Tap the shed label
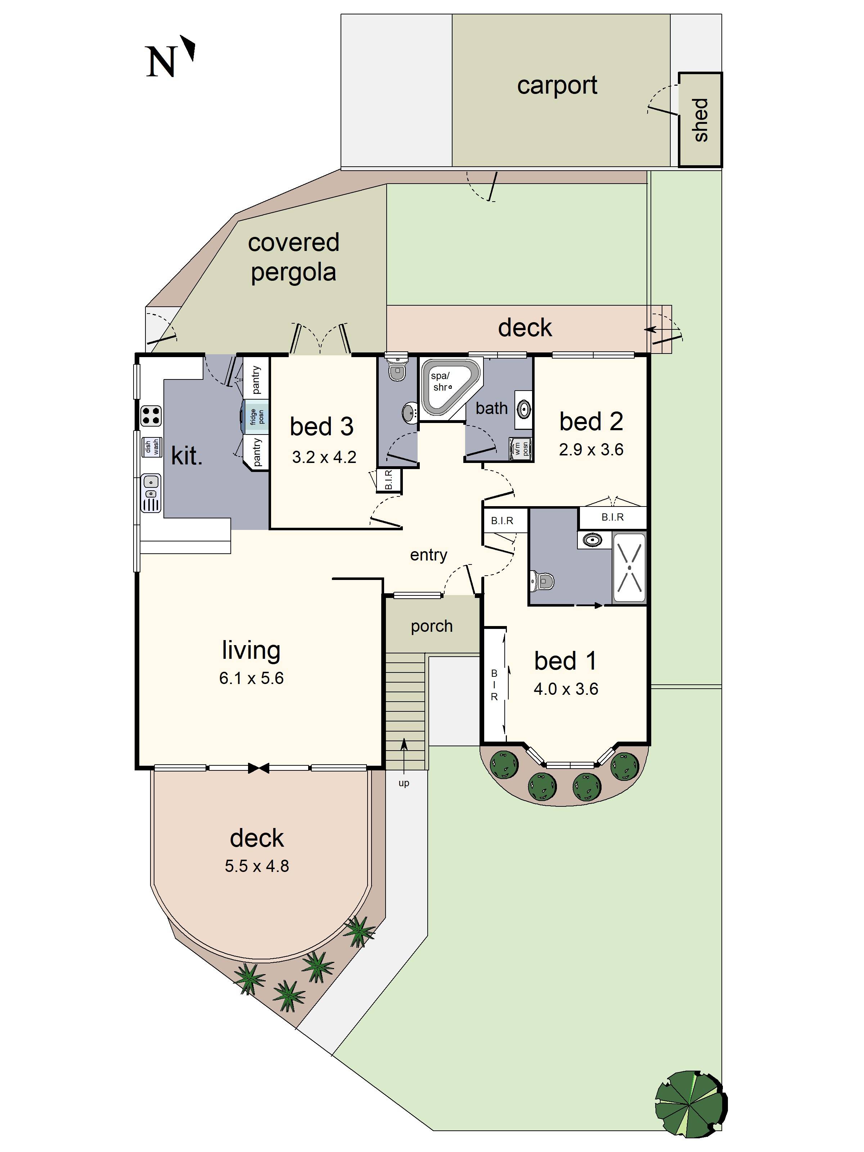pos(701,120)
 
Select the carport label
pos(557,85)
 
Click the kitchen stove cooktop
pos(151,415)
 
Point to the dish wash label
pos(151,446)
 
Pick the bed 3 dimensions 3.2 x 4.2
pos(324,457)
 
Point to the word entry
pos(428,555)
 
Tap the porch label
pos(431,626)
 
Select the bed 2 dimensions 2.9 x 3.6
pos(591,449)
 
